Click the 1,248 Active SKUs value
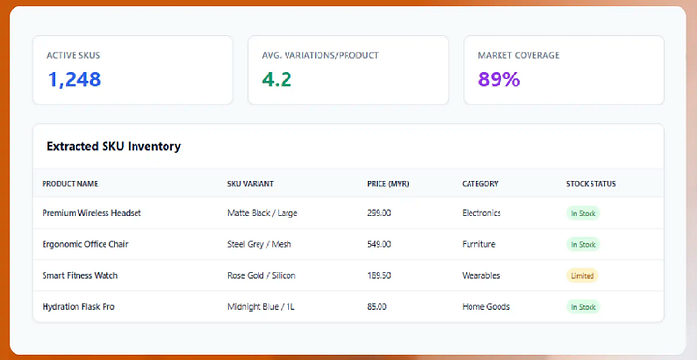75,79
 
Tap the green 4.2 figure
277,79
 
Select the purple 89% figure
499,79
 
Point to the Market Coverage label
518,55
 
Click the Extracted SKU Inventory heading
114,146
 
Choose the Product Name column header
70,184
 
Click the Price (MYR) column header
387,184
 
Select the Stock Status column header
591,184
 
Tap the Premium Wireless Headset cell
92,213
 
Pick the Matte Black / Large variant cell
262,213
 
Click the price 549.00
379,244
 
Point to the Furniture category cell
478,244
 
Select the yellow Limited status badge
583,276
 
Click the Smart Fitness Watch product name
80,276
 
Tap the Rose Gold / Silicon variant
261,276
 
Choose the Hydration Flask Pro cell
78,307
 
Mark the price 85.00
377,307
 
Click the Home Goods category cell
486,307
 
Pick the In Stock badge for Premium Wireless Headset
583,213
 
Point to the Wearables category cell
480,276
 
